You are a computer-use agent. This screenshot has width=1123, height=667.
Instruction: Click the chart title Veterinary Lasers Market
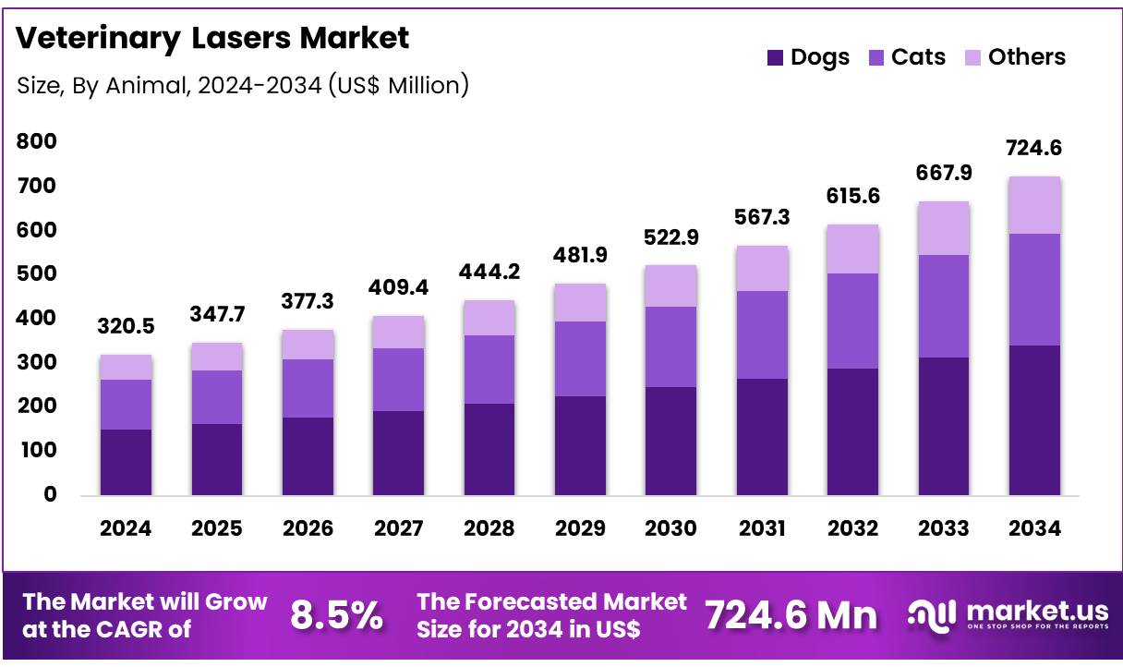(x=212, y=38)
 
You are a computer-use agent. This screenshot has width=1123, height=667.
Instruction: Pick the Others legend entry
(x=1014, y=57)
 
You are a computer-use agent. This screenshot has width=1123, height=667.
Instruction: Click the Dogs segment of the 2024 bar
(x=126, y=462)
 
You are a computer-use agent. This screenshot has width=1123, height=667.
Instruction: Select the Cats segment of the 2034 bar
(x=1034, y=289)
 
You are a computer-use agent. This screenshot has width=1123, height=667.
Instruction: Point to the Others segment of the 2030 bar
(x=670, y=285)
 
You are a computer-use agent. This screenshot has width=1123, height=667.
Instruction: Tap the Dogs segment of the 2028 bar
(x=489, y=449)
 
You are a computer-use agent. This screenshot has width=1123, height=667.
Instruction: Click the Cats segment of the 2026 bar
(x=308, y=388)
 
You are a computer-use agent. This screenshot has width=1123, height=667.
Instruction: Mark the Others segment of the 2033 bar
(x=944, y=227)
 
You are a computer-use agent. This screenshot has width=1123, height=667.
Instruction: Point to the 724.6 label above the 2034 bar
(x=1034, y=147)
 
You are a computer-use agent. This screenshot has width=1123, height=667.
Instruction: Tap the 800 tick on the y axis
(x=37, y=141)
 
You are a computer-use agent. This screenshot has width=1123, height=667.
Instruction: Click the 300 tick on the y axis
(x=37, y=362)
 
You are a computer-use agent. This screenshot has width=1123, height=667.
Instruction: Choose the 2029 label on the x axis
(x=580, y=528)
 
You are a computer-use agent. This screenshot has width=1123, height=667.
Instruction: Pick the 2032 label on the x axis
(x=852, y=528)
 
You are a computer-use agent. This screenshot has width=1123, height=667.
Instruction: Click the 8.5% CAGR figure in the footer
(x=336, y=615)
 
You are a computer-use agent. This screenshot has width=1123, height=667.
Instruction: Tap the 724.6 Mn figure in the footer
(x=791, y=615)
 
